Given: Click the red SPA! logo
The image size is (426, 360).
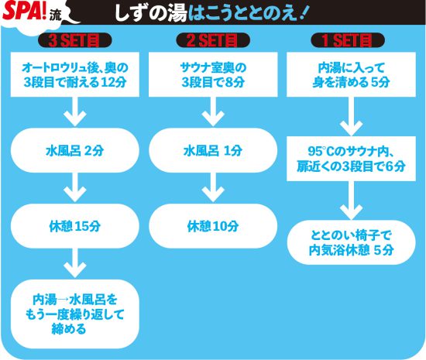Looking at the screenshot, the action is pos(25,11).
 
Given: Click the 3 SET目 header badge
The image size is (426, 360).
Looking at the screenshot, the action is pos(74,40).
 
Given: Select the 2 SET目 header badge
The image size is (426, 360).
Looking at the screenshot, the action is pos(213,40).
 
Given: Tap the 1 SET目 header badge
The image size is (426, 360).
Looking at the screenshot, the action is pos(348,40).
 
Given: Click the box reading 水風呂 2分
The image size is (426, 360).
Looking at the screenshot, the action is pos(75,150).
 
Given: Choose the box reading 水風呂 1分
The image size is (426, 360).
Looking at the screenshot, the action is pos(213,150).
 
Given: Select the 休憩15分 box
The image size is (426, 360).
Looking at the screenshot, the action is pos(75,226).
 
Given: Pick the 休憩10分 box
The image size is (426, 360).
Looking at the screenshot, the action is pos(213,226).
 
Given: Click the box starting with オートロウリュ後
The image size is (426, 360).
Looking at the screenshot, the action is pos(75,74).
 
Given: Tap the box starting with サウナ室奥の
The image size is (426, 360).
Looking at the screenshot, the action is pos(213,74).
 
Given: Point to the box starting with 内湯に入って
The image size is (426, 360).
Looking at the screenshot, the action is pos(352,74).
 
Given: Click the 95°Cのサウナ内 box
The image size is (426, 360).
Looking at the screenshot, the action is pos(352,159).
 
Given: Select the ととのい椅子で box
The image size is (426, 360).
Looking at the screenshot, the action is pos(352,242).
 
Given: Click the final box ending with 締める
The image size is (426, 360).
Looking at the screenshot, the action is pos(75,314).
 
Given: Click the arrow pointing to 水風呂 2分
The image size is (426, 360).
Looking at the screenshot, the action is pos(75,111).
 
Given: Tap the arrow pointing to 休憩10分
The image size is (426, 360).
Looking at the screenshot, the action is pos(213,187).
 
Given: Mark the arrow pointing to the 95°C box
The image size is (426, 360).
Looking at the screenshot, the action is pos(352,116).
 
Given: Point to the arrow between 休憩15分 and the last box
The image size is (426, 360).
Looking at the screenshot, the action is pos(75,263).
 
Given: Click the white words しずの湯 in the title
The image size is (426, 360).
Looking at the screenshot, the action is pos(151,12).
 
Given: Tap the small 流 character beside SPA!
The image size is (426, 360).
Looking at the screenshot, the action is pos(56,16).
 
